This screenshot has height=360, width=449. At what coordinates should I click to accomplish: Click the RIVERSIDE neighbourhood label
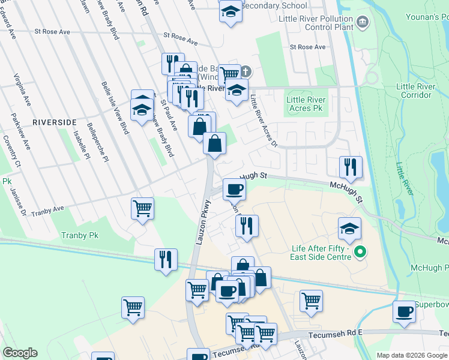click(54, 122)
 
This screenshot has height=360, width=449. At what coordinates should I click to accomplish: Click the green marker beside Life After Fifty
click(360, 252)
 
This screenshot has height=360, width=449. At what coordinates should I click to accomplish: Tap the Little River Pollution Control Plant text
click(316, 23)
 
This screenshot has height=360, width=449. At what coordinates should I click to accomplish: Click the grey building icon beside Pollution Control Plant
click(363, 23)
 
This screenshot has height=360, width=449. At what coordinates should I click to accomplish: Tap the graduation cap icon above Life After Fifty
click(349, 227)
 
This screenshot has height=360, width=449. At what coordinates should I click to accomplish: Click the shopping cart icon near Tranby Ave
click(142, 208)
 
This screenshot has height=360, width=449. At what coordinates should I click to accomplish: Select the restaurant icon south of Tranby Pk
click(165, 259)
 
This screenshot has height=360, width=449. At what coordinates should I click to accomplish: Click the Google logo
click(20, 353)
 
